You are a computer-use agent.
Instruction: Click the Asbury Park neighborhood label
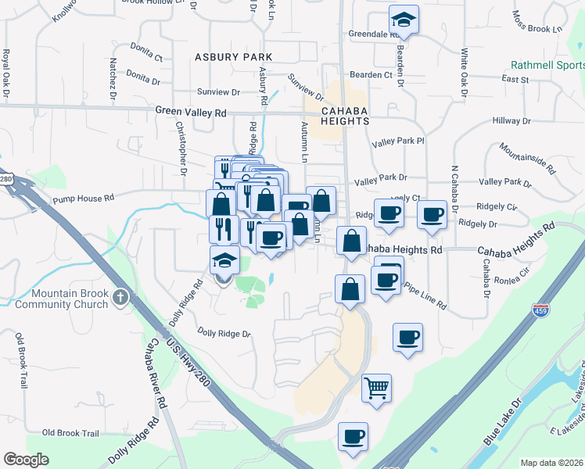click(234, 57)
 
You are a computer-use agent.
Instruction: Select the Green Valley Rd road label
click(190, 113)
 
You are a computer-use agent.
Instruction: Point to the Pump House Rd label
click(83, 199)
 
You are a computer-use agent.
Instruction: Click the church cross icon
click(120, 298)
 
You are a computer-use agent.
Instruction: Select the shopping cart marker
click(377, 386)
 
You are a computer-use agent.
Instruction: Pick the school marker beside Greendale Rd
click(404, 19)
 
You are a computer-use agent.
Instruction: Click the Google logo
click(26, 460)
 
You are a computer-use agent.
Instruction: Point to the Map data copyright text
click(551, 463)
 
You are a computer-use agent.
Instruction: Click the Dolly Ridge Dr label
click(224, 334)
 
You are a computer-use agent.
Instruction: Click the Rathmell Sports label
click(547, 66)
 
